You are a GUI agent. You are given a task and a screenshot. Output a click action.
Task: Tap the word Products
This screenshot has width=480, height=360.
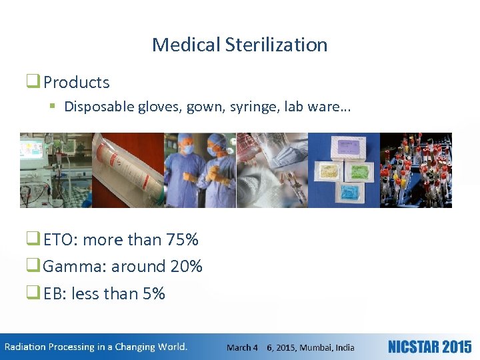point(76,83)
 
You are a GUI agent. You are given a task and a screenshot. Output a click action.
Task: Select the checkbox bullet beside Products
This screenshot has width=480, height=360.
point(33,82)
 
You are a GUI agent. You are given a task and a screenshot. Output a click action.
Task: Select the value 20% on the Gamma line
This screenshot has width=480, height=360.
point(186,267)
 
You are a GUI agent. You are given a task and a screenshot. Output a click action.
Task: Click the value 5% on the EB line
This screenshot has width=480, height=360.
point(154,294)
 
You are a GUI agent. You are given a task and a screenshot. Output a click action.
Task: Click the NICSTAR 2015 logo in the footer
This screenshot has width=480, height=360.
point(429,347)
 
